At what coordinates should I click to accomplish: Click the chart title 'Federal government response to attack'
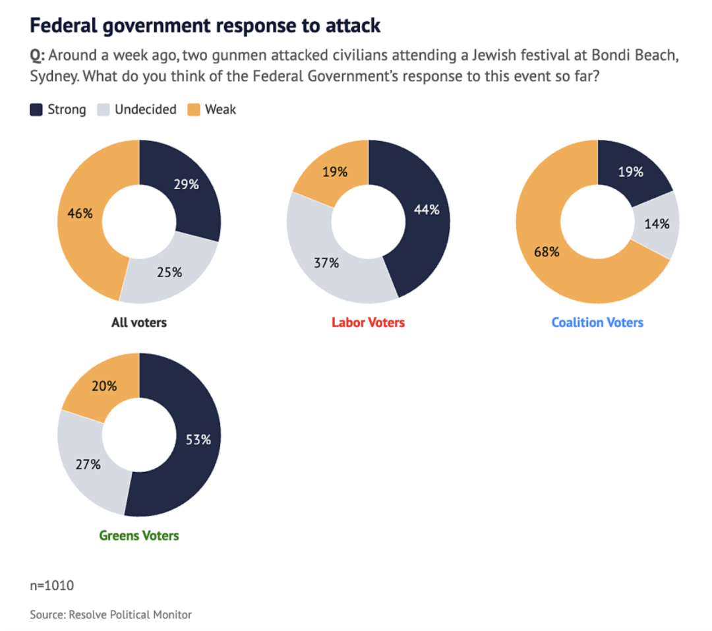[205, 25]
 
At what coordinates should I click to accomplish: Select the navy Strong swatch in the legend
[36, 109]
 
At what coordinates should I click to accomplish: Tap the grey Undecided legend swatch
[104, 109]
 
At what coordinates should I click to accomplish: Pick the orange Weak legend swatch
[194, 109]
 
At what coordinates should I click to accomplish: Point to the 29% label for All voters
[187, 185]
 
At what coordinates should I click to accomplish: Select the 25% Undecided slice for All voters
[169, 271]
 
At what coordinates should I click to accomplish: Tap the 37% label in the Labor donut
[326, 263]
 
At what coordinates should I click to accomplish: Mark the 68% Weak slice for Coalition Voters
[550, 252]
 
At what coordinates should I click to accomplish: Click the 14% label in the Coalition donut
[657, 224]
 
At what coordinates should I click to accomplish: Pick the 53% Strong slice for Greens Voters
[198, 439]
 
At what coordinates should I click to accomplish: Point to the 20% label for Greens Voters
[104, 386]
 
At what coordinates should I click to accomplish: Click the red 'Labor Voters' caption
[368, 322]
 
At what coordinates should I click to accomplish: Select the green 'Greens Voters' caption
[139, 535]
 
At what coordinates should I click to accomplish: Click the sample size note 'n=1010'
[52, 585]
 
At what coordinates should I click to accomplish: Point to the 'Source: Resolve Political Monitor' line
[111, 615]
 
